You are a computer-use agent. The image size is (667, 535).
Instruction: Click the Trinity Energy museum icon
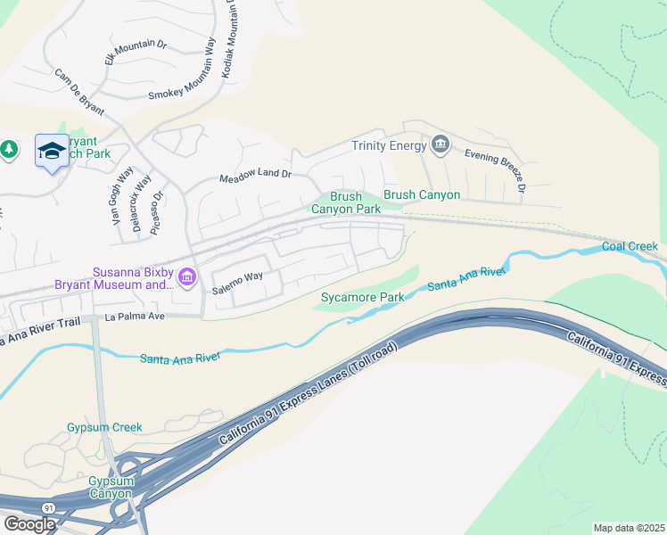pyautogui.click(x=440, y=144)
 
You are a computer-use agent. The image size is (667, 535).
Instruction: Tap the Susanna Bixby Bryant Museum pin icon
pyautogui.click(x=186, y=278)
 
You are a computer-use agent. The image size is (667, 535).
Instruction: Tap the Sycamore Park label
pyautogui.click(x=362, y=297)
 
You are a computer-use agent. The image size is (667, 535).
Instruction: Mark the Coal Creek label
pyautogui.click(x=630, y=246)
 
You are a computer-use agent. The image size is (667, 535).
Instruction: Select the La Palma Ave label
pyautogui.click(x=136, y=316)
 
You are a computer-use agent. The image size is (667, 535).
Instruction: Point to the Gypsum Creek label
pyautogui.click(x=104, y=427)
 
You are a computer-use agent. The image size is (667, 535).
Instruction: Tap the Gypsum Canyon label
pyautogui.click(x=110, y=487)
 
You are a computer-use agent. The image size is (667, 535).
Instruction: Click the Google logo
pyautogui.click(x=29, y=523)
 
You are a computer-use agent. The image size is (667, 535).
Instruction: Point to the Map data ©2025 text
pyautogui.click(x=629, y=528)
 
